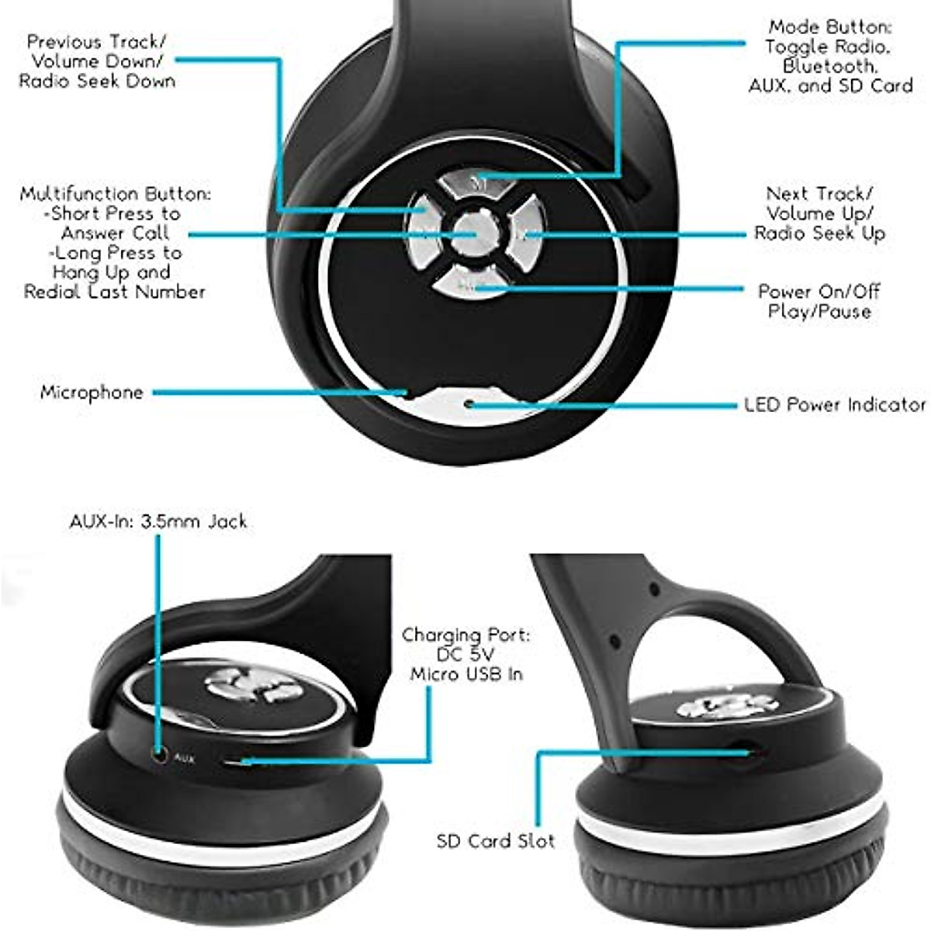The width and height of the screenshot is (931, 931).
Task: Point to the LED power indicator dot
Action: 469,404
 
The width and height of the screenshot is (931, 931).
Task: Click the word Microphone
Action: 92,393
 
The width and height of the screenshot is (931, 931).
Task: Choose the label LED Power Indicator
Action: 835,405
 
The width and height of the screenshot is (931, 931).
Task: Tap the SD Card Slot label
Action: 495,841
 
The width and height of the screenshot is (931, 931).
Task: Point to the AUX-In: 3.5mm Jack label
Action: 158,521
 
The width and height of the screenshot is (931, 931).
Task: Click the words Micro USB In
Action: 466,674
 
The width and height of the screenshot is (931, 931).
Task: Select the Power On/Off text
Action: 819,292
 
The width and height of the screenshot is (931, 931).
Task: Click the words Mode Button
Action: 828,28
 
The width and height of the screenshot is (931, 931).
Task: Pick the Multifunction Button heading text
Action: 115,194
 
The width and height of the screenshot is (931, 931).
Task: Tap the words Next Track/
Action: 819,194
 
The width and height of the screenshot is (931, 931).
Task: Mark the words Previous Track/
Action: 96,42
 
